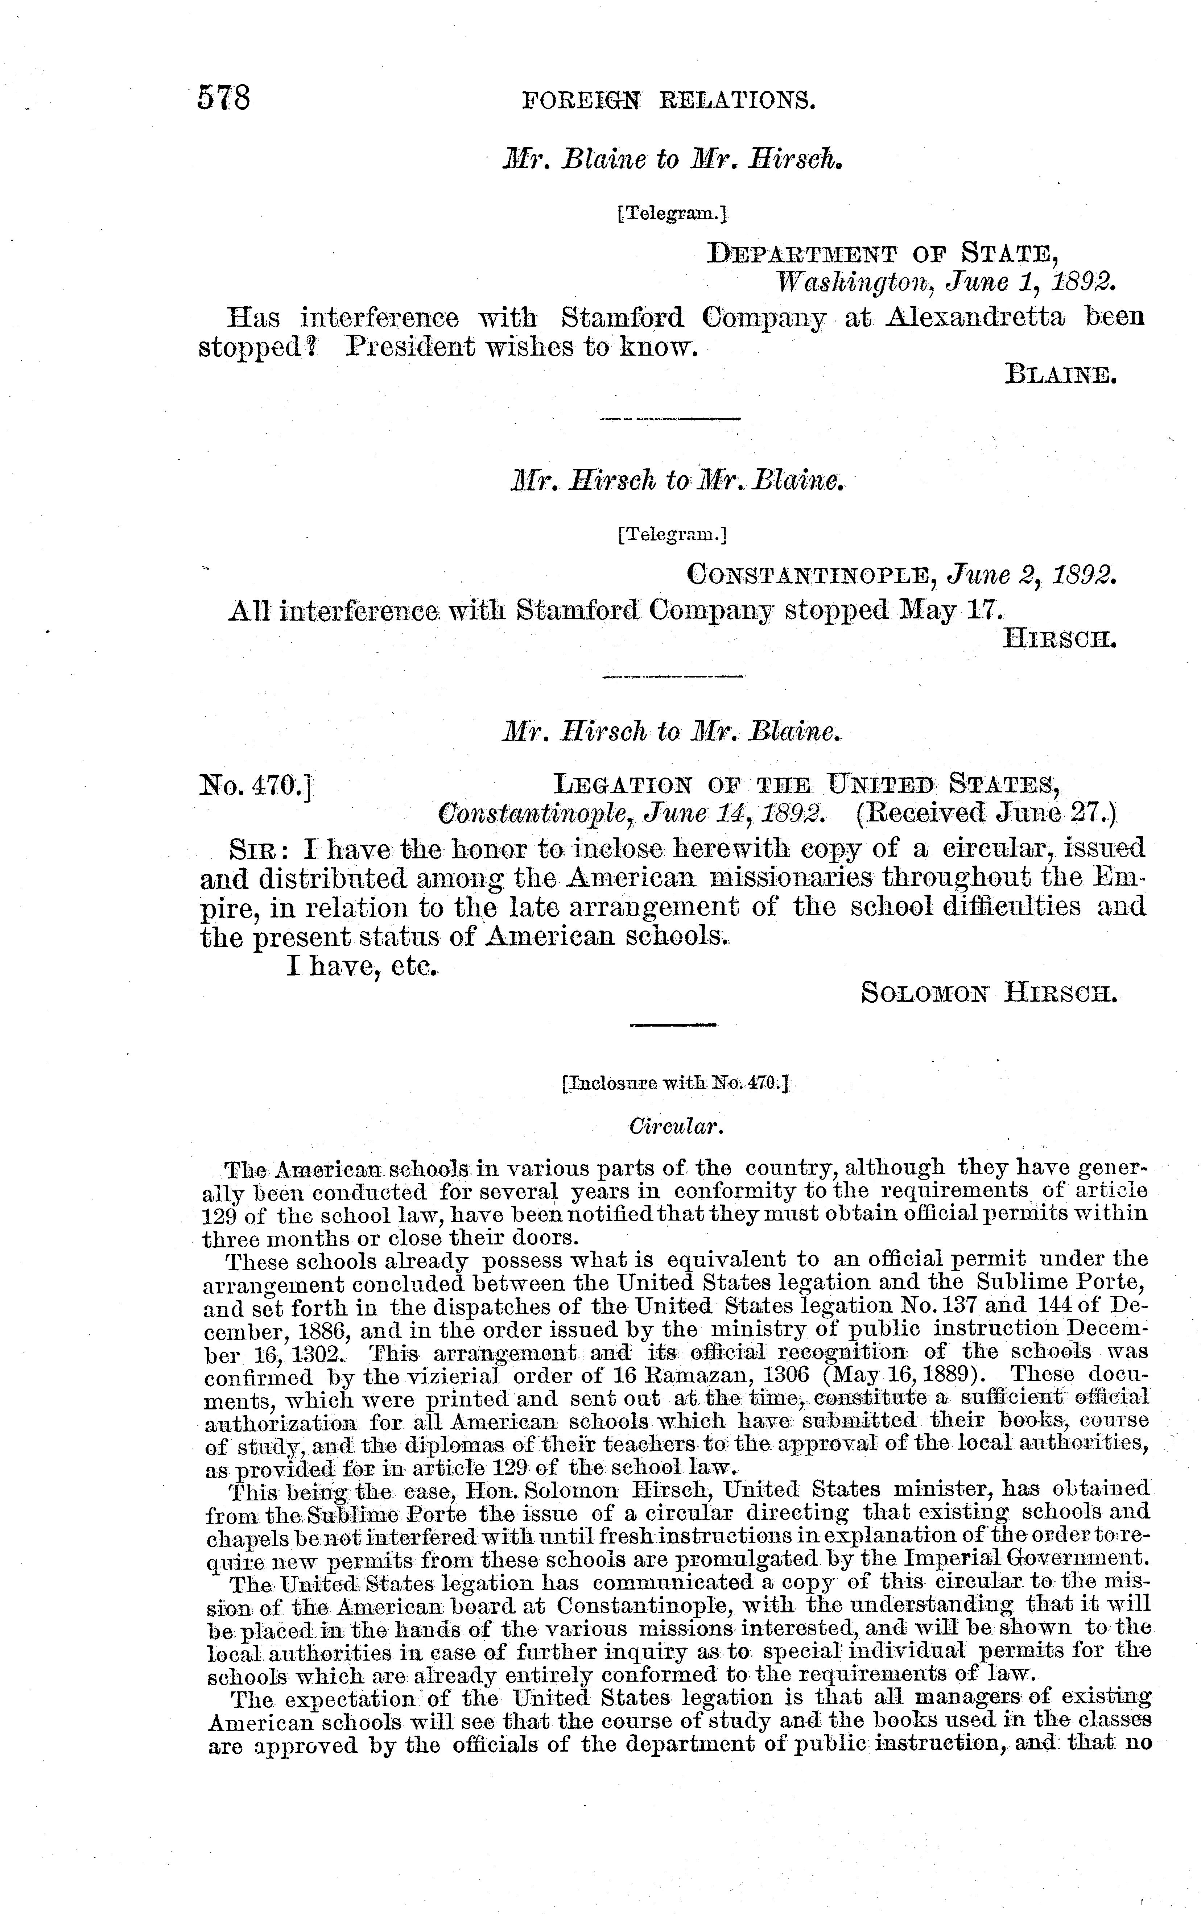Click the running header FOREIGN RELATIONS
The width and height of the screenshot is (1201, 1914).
tap(667, 101)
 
